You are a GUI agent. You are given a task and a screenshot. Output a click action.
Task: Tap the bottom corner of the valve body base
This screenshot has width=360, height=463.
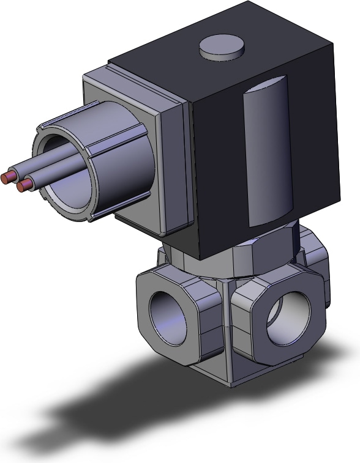click(x=230, y=385)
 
